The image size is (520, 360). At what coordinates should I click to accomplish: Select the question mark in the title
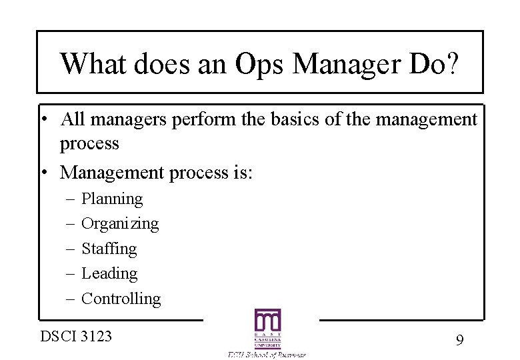click(453, 64)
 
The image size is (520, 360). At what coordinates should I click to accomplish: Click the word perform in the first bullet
click(195, 121)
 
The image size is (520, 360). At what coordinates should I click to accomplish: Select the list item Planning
click(112, 199)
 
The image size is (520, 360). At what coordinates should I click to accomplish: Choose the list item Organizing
click(120, 224)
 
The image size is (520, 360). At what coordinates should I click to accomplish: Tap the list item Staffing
click(109, 249)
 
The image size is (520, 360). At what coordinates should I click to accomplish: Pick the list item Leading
click(109, 273)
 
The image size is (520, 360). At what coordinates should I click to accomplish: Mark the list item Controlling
click(121, 299)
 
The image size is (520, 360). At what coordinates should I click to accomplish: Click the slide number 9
click(459, 341)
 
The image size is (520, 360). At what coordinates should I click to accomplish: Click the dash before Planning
click(70, 199)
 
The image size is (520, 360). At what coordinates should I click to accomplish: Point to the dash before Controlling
click(70, 299)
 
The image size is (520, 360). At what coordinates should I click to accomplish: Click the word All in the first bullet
click(71, 119)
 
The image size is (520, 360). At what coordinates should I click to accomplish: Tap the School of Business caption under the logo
click(265, 355)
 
